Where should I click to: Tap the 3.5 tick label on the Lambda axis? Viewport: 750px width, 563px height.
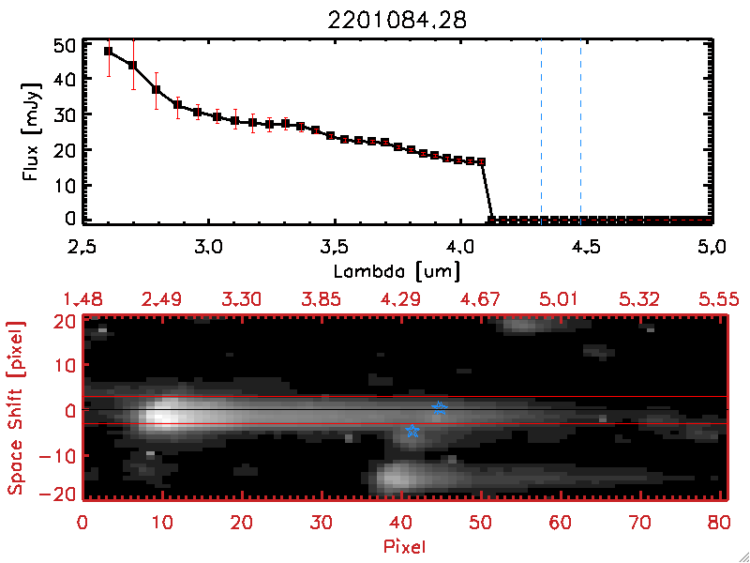(x=335, y=248)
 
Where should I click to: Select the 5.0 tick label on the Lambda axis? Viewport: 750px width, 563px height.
(x=713, y=248)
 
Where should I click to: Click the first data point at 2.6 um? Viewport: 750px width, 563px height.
(x=109, y=52)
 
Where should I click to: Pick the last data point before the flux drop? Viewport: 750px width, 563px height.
(x=482, y=162)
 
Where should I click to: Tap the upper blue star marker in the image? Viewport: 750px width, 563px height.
(x=440, y=408)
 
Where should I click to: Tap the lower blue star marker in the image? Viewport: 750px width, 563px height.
(x=412, y=431)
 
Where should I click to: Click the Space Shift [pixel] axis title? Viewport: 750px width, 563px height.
(x=16, y=408)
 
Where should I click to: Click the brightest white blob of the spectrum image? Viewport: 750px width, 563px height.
(x=167, y=415)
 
